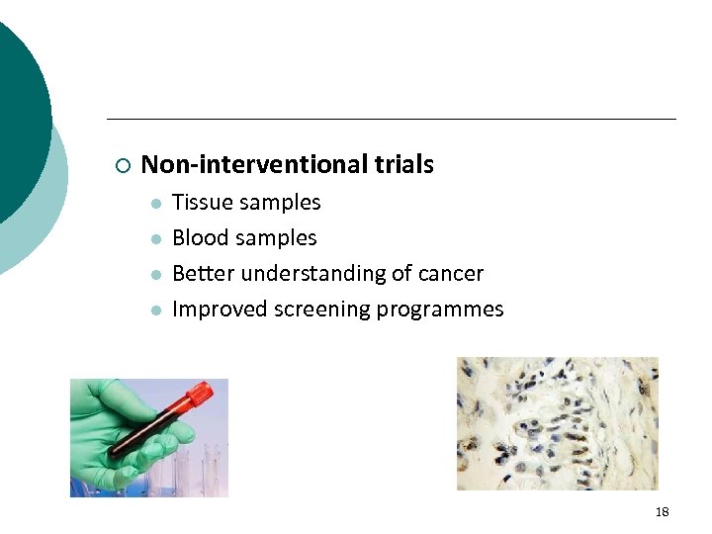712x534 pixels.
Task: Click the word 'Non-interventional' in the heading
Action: tap(255, 165)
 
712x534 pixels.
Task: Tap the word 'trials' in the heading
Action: tap(404, 165)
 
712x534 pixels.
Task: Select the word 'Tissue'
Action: tap(202, 203)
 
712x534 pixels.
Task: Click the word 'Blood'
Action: tap(202, 238)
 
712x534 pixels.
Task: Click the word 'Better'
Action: tap(203, 274)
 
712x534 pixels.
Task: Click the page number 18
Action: tap(662, 511)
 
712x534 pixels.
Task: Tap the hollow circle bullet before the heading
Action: tap(121, 165)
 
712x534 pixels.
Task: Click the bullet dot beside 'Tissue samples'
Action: tap(155, 204)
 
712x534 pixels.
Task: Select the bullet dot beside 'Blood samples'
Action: tap(155, 239)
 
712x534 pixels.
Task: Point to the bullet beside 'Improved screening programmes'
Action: tap(155, 311)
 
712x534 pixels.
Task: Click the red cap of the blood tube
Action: tap(199, 395)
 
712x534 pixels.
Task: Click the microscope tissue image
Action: tap(557, 423)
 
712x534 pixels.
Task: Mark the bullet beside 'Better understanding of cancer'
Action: tap(155, 275)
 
